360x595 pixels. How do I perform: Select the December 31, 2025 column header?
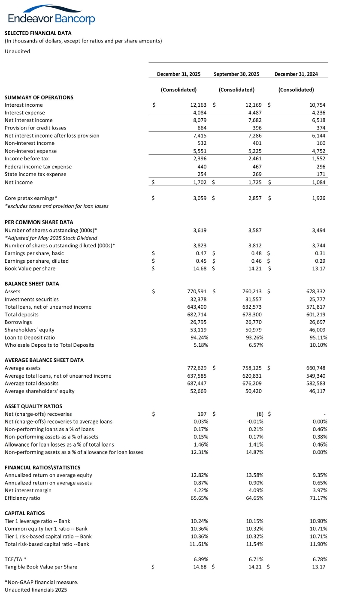coord(178,74)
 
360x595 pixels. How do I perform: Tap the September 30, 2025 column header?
coord(236,74)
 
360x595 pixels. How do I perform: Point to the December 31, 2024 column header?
coord(296,74)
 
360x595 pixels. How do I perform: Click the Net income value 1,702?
coord(198,183)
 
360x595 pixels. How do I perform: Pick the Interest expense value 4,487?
coord(256,113)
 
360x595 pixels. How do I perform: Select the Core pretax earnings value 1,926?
coord(318,198)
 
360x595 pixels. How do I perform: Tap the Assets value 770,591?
coord(196,291)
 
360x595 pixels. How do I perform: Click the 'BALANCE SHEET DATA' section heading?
coord(32,284)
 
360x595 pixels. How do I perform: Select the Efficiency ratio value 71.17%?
coord(318,498)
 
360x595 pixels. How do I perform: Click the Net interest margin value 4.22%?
coord(199,490)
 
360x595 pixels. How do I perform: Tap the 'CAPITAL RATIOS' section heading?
coord(24,513)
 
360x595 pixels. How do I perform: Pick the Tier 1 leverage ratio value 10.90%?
coord(318,521)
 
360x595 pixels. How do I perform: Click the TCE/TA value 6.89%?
coord(200,559)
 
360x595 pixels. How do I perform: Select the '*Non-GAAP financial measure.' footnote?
coord(41,582)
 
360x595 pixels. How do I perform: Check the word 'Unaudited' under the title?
coord(17,51)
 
